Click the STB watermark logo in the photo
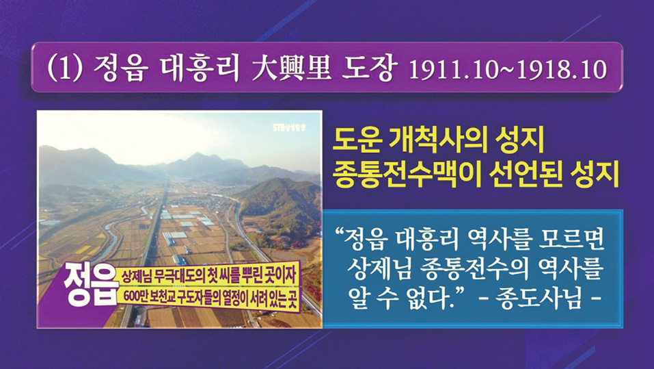(x=289, y=127)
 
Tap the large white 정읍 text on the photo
(x=89, y=284)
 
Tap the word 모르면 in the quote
(x=571, y=240)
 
